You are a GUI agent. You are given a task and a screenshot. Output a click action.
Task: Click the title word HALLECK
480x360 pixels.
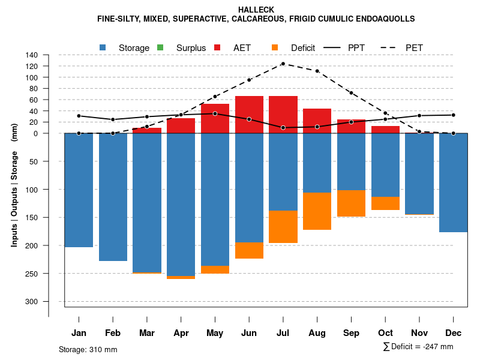pos(256,10)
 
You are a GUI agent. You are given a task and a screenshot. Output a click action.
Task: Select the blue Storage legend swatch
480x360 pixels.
pos(104,47)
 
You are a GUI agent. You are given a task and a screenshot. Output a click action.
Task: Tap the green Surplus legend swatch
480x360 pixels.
pos(160,47)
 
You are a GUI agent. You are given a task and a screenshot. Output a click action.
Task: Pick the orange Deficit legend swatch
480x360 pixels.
pos(275,47)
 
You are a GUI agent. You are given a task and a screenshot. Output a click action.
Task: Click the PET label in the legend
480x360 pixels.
pos(415,48)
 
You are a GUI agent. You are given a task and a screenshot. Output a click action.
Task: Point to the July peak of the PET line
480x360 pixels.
pos(283,64)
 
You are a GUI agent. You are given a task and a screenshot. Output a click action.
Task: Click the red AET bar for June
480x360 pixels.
pos(249,114)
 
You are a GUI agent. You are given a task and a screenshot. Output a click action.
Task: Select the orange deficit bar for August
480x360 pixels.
pos(317,211)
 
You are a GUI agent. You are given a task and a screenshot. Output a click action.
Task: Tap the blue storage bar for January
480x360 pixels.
pos(79,190)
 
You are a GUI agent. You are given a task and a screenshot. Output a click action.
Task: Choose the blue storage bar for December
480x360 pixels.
pos(453,182)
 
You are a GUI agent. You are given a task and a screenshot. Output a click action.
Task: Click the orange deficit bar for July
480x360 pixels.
pos(283,227)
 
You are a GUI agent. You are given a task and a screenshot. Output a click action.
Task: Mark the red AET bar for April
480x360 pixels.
pos(181,125)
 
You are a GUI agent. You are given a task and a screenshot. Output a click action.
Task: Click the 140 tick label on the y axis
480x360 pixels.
pos(32,55)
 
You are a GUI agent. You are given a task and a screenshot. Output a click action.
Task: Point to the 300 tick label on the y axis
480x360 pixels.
pos(32,301)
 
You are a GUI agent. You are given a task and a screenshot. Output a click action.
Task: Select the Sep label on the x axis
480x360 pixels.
pos(351,333)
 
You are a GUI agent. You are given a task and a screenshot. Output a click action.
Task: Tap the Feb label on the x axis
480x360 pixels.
pos(113,333)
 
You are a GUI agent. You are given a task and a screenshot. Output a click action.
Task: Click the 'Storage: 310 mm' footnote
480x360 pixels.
pos(88,349)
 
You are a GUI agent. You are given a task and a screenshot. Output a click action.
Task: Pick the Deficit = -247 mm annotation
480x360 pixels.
pos(418,347)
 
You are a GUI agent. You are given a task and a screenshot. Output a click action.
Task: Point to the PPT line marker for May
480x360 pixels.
pos(215,113)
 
